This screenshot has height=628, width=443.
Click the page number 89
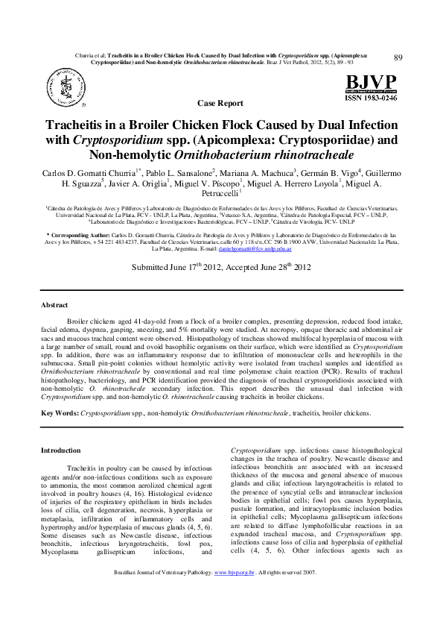(x=398, y=58)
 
